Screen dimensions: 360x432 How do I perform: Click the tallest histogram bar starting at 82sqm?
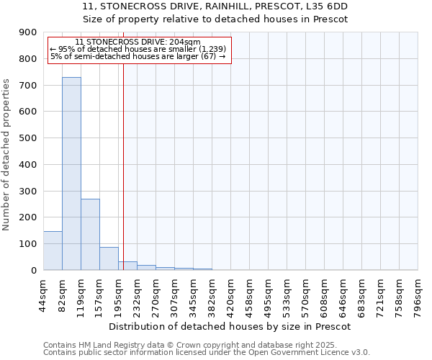pyautogui.click(x=71, y=173)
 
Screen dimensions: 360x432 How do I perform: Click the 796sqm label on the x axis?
pyautogui.click(x=418, y=295)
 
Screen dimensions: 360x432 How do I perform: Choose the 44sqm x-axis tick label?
pyautogui.click(x=43, y=295)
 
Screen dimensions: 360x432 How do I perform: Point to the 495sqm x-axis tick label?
pyautogui.click(x=268, y=295)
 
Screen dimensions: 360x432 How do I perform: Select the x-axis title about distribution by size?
pyautogui.click(x=230, y=326)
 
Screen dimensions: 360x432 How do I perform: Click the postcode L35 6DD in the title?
pyautogui.click(x=330, y=6)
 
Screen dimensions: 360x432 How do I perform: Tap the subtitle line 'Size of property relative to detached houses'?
pyautogui.click(x=215, y=19)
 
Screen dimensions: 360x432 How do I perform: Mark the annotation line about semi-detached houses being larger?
pyautogui.click(x=138, y=56)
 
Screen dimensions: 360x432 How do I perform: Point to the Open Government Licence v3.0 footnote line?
pyautogui.click(x=207, y=352)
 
